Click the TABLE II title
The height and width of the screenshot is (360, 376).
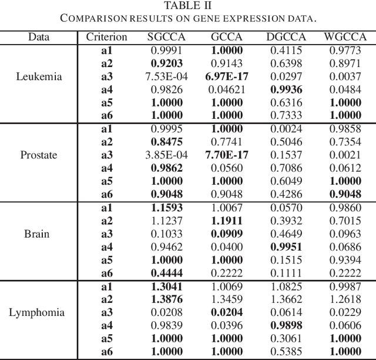point(188,6)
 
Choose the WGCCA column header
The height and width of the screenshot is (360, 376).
point(345,38)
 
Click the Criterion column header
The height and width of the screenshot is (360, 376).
point(106,38)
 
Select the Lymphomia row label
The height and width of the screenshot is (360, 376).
point(36,312)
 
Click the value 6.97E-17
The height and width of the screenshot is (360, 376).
point(226,76)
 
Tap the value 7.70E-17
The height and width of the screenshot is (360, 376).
point(226,155)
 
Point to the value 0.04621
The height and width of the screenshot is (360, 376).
point(226,89)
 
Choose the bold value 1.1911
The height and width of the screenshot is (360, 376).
point(226,221)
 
